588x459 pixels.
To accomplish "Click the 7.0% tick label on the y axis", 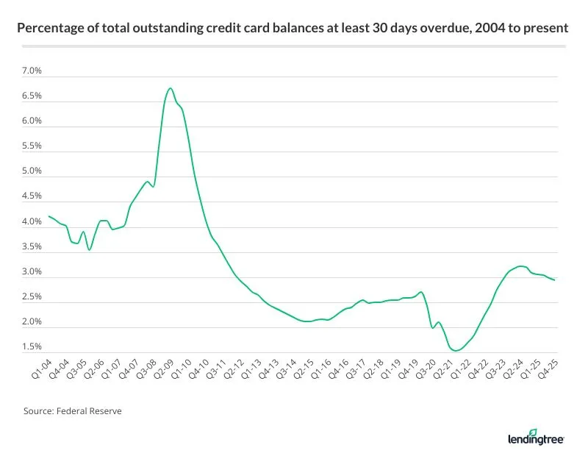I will pos(32,71).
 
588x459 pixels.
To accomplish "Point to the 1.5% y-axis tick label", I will pos(32,347).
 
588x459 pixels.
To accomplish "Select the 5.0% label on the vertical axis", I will pos(32,171).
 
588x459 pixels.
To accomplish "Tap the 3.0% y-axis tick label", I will pos(32,272).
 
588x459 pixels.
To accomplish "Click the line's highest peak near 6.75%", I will pos(170,88).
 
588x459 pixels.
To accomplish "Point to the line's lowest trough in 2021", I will pos(456,351).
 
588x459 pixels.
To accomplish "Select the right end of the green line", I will pos(554,280).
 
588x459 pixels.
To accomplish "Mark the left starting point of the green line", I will pos(49,216).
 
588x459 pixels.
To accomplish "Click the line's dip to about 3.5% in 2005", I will pos(89,250).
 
